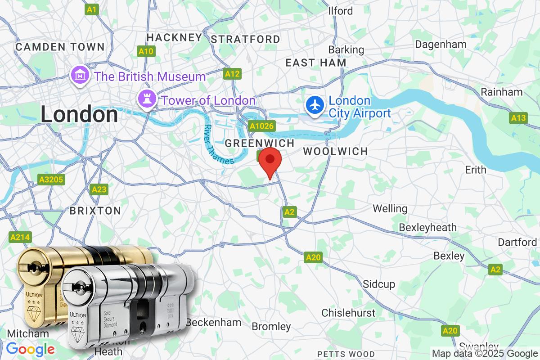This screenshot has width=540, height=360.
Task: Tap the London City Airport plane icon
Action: coord(315,105)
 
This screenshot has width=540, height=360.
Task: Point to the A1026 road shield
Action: coord(261,126)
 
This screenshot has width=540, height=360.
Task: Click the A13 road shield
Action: coord(518,118)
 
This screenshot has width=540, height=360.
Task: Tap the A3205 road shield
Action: coord(51,180)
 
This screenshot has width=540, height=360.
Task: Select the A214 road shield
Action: coord(20,237)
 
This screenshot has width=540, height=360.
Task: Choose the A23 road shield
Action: coord(99,189)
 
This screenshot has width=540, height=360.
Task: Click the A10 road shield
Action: coord(146,51)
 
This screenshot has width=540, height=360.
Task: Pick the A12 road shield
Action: coord(233,74)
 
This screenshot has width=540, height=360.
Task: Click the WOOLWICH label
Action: coord(335,151)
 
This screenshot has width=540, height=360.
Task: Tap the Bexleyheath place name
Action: coord(427,227)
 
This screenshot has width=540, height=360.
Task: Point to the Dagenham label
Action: coord(441,45)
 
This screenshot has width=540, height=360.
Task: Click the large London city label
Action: coord(79,114)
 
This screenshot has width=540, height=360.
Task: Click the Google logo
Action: coord(31,349)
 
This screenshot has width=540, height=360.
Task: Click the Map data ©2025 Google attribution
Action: coord(485,354)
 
